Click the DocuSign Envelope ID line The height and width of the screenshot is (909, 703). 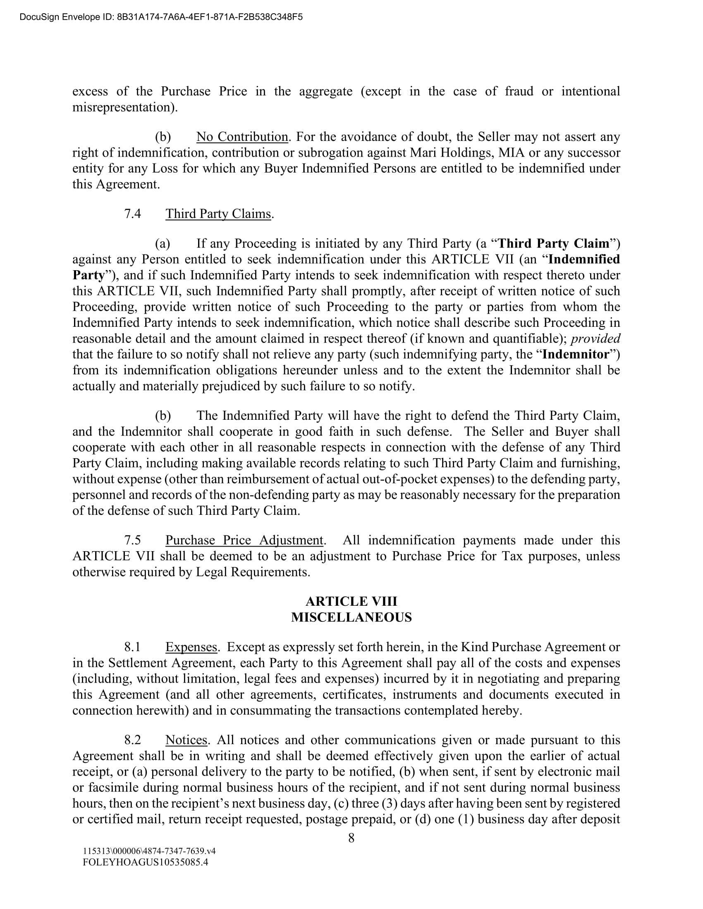pos(161,17)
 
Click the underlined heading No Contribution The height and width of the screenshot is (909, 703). pos(242,137)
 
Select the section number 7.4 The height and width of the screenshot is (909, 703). pos(132,214)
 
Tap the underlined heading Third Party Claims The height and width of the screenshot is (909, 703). pos(218,214)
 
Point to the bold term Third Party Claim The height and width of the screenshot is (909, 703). pos(553,243)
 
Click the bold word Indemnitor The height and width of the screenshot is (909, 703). pos(576,355)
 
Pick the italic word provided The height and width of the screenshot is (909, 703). pos(595,339)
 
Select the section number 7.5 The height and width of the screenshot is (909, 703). pos(132,540)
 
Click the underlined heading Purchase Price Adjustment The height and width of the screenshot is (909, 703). pos(244,540)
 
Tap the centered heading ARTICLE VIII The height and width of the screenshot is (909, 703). pos(351,602)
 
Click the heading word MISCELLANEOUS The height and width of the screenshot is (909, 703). pos(351,617)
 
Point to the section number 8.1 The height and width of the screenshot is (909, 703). pos(132,647)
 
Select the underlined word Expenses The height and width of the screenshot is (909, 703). pos(191,647)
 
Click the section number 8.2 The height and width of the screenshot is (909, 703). pos(132,740)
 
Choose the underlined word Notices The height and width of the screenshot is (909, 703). pos(186,740)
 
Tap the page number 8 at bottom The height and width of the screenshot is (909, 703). pos(351,838)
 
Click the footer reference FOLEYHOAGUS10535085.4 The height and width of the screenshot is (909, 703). pos(145,862)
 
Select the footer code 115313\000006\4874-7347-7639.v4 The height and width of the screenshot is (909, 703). pos(149,851)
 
